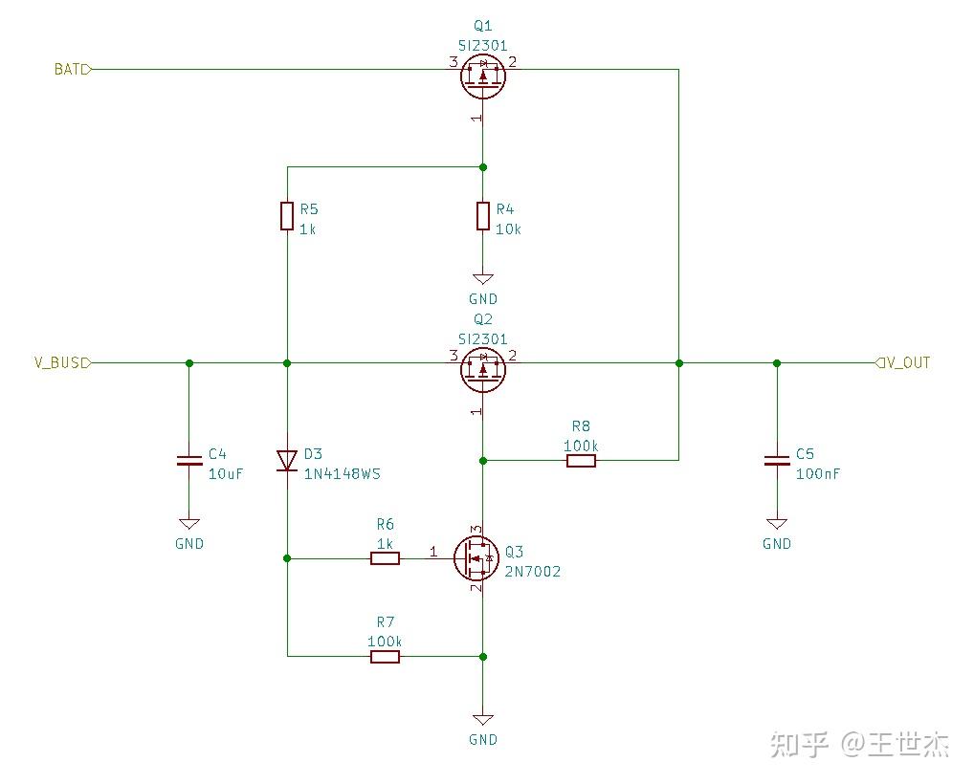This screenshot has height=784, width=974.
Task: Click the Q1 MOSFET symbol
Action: click(482, 76)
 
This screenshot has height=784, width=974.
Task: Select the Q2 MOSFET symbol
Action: click(482, 369)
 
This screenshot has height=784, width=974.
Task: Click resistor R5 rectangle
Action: click(287, 216)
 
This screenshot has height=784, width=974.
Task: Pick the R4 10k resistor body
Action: click(482, 216)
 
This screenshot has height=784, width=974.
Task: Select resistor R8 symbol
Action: click(581, 461)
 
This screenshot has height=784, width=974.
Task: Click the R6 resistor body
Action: click(385, 558)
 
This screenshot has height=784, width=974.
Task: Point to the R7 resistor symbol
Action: click(385, 656)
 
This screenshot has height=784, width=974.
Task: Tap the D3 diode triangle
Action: click(287, 461)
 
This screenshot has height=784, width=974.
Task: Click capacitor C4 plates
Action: click(189, 462)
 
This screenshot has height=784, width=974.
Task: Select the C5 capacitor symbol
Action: click(776, 462)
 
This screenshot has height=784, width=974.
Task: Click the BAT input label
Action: click(72, 69)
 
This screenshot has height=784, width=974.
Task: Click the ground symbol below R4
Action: click(483, 280)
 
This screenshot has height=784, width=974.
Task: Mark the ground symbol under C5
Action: click(776, 525)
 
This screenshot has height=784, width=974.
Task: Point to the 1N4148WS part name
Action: click(342, 474)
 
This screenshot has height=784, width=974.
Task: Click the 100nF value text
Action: click(817, 474)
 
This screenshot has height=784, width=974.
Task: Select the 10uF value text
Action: click(225, 474)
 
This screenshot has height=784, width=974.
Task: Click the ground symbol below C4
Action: click(189, 525)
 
